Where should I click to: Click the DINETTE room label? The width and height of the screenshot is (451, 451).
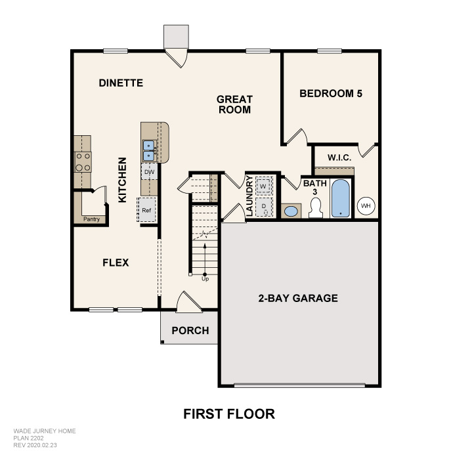tap(121, 83)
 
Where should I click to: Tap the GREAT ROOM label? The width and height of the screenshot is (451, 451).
tap(234, 104)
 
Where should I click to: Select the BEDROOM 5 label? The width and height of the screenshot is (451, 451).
tap(331, 93)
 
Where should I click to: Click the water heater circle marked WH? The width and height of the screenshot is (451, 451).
tap(366, 205)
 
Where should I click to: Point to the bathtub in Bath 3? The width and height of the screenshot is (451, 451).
tap(341, 198)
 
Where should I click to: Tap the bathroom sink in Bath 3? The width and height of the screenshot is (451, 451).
tap(291, 211)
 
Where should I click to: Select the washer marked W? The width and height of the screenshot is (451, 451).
tap(263, 186)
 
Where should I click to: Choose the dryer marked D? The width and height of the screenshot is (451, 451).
tap(264, 207)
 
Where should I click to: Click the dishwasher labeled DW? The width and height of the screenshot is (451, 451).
tap(149, 172)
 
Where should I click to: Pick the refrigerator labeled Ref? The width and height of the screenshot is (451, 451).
tap(146, 210)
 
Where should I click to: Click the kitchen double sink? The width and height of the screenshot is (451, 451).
tap(149, 151)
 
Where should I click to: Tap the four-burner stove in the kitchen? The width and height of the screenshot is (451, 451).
tap(83, 162)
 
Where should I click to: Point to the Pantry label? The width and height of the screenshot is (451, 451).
tap(91, 219)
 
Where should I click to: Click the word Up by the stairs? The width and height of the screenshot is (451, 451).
tap(205, 279)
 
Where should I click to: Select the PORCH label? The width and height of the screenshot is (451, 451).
tap(190, 331)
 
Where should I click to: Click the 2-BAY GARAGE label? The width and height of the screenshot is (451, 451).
tap(298, 298)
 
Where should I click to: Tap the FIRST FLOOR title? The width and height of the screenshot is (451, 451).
tap(229, 414)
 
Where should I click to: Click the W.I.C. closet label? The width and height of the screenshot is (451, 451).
tap(339, 158)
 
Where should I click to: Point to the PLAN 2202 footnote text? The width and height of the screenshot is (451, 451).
tap(28, 438)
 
